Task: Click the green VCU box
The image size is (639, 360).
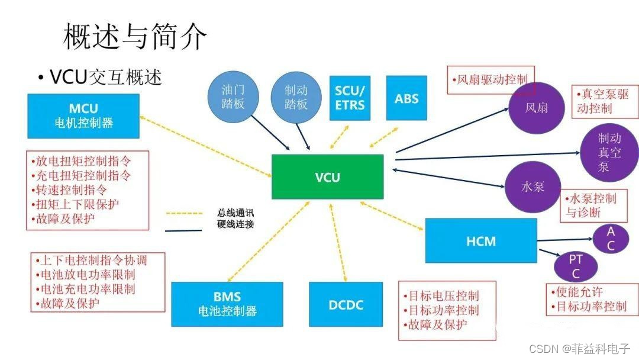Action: [327, 176]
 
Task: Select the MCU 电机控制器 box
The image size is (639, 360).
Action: [83, 116]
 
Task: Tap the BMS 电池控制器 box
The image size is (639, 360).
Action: [227, 304]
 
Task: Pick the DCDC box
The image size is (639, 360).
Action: [346, 305]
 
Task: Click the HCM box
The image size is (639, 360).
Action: [480, 241]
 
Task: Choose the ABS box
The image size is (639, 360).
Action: [406, 98]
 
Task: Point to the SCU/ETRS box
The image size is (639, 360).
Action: [350, 98]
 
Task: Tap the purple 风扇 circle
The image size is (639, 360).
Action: [536, 108]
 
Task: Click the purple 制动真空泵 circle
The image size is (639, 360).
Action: [609, 153]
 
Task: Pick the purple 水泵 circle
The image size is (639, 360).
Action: [532, 187]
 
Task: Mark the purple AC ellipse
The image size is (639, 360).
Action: [610, 239]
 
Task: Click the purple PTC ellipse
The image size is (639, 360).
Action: [575, 266]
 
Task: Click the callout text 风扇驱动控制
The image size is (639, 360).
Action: [491, 79]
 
